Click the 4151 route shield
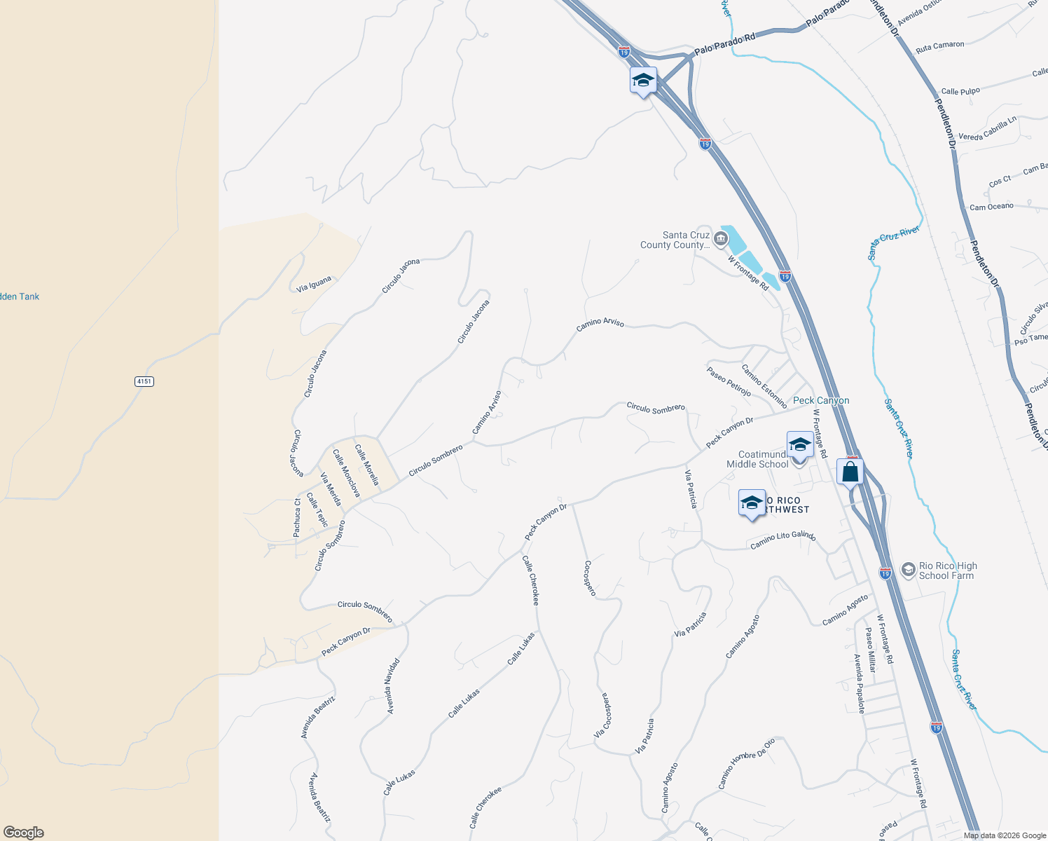point(144,381)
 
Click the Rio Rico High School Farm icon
point(909,570)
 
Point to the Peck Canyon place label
point(821,400)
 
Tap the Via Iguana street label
point(314,284)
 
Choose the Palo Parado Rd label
point(725,43)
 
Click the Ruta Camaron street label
point(939,46)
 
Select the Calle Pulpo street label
point(960,91)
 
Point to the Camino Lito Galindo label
point(782,540)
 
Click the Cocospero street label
point(590,578)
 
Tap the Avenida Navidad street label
point(393,686)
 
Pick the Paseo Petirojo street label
point(729,382)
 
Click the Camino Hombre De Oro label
point(746,763)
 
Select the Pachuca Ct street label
point(297,518)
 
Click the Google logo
point(23,832)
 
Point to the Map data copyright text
point(1004,835)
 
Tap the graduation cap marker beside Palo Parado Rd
point(643,81)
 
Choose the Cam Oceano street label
point(991,207)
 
